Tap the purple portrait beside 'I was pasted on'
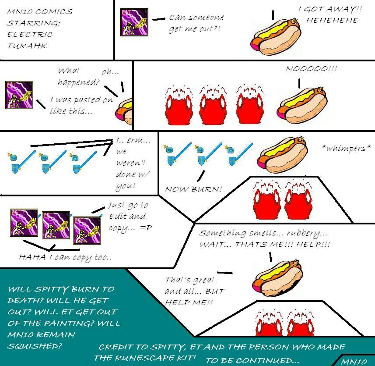coord(19,94)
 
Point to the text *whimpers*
coord(346,149)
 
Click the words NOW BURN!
coord(193,189)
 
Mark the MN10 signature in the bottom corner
coord(354,362)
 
